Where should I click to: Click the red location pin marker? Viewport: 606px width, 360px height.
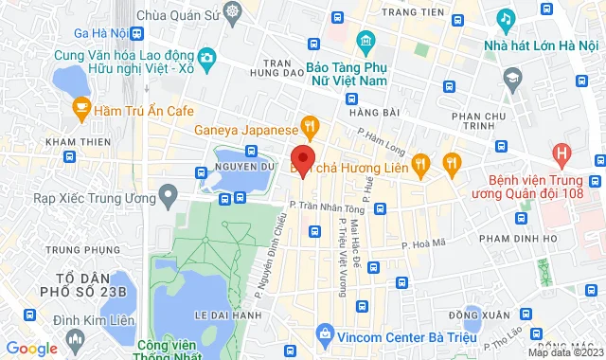tap(302, 159)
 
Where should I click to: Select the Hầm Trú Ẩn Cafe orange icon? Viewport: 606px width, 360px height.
tap(81, 110)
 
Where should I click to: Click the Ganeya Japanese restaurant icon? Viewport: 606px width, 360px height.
tap(309, 126)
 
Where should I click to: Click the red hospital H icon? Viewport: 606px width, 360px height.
tap(563, 153)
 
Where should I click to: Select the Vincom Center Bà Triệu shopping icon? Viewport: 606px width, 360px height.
tap(324, 334)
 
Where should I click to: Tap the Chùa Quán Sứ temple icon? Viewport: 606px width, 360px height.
tap(235, 13)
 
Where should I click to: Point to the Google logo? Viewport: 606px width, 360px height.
tap(31, 349)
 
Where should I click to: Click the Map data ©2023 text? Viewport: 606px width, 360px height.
tap(564, 353)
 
